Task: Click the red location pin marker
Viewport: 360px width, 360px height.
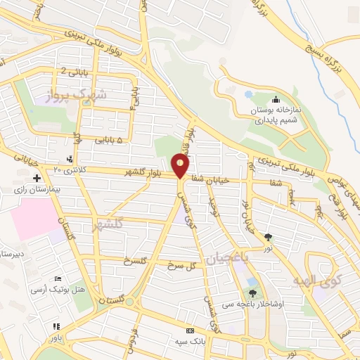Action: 181,166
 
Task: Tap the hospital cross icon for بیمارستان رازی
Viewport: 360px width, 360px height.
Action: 37,179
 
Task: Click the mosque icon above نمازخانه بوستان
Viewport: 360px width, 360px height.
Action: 275,100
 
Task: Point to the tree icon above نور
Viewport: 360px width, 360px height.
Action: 269,236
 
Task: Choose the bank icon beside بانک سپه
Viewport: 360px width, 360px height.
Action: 189,330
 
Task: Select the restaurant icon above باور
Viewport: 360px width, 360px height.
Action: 56,327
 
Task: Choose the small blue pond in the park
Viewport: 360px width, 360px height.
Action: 247,94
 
